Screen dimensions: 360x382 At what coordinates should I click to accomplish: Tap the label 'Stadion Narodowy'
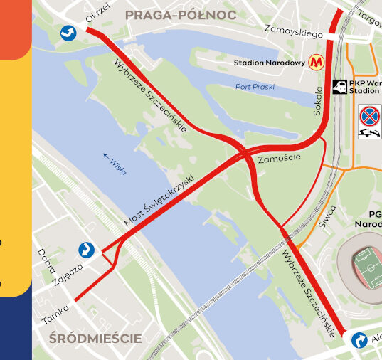(270, 63)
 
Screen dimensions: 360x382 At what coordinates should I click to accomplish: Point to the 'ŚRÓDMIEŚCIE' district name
(95, 338)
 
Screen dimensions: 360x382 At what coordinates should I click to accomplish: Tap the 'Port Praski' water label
(254, 87)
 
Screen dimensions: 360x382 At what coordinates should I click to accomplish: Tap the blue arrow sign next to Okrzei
(69, 32)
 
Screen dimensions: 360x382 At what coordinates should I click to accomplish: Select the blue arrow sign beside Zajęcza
(86, 250)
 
